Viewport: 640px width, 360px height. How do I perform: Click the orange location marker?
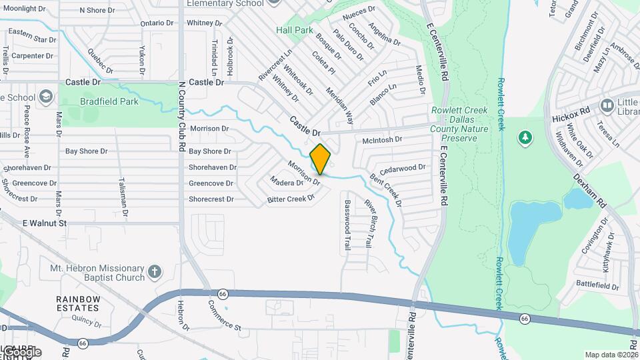(x=321, y=159)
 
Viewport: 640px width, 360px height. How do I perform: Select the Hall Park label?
(x=295, y=30)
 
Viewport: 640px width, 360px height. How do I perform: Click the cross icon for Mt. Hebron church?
(x=155, y=271)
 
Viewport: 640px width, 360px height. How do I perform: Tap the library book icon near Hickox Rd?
(x=607, y=105)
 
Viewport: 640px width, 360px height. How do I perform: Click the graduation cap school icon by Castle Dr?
(x=46, y=97)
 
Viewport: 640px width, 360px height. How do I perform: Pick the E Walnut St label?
(x=45, y=223)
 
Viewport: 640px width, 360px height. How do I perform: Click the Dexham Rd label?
(x=589, y=191)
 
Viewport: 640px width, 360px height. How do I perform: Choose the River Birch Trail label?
(x=367, y=223)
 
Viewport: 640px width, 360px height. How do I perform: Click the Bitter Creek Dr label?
(x=290, y=199)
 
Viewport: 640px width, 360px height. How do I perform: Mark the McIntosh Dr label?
(x=382, y=140)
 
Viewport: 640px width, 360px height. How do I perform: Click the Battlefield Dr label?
(x=597, y=285)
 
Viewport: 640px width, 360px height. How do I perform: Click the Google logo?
(x=21, y=351)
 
